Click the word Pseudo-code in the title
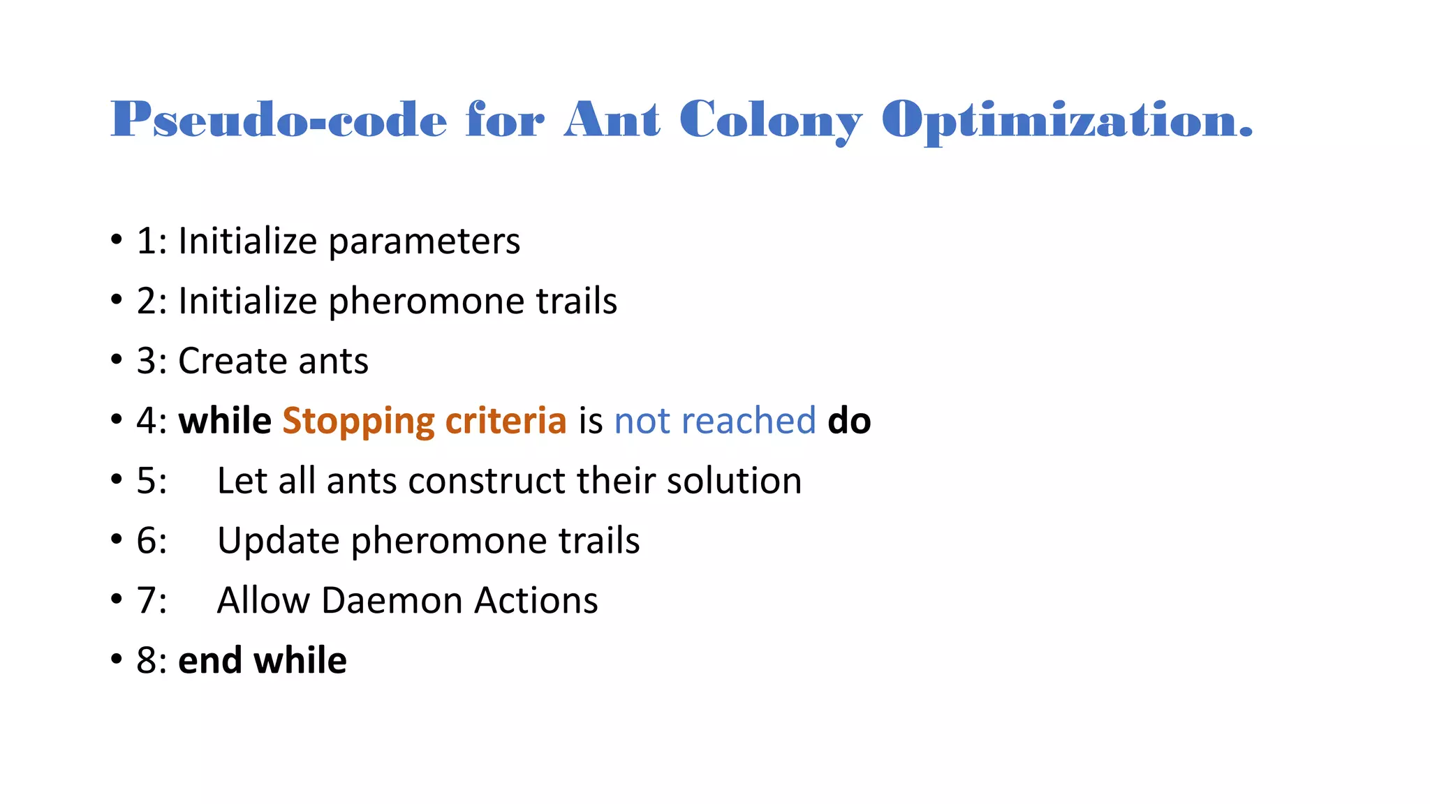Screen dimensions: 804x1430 tap(279, 119)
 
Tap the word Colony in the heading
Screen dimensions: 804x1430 tap(771, 121)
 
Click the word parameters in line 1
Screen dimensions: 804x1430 tap(424, 242)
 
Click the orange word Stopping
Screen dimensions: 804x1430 tap(358, 422)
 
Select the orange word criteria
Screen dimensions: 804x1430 tap(506, 421)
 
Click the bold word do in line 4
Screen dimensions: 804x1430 tap(849, 421)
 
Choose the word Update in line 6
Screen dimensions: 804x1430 tap(278, 542)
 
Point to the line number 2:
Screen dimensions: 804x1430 tap(152, 301)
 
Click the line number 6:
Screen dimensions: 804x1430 tap(152, 541)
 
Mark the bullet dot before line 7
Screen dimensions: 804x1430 tap(117, 600)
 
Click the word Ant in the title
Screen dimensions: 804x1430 tap(612, 119)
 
